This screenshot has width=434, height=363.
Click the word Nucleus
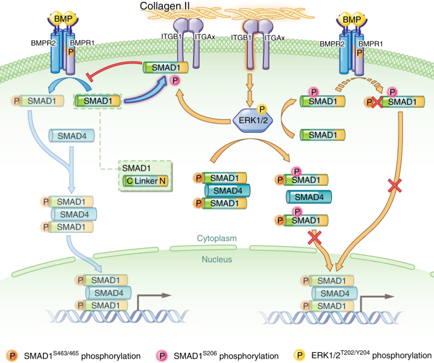[x=217, y=259]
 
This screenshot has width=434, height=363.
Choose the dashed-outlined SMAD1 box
[x=98, y=100]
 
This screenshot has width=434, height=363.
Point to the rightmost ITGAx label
[x=274, y=39]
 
